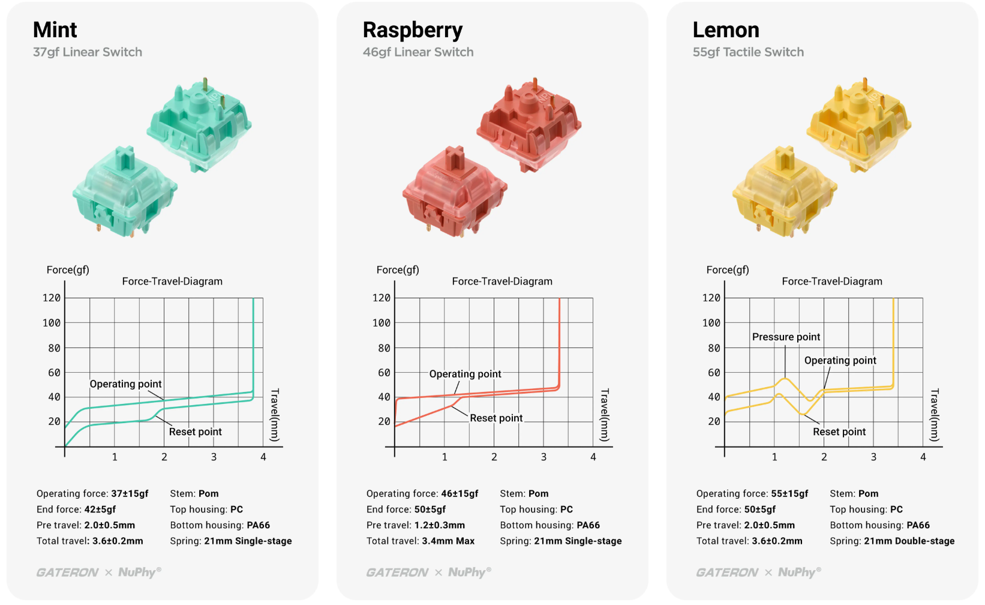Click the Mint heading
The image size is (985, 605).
(55, 30)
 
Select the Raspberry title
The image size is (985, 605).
(413, 30)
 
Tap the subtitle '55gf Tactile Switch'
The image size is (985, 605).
(748, 52)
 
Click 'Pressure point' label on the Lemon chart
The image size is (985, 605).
(786, 337)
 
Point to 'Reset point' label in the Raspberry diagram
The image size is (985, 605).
(496, 418)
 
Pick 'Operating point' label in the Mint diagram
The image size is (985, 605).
(125, 384)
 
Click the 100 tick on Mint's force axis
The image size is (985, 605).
(52, 323)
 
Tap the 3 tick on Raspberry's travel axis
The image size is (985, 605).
(543, 457)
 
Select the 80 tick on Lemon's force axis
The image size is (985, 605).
(714, 348)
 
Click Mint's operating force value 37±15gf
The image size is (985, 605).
(130, 494)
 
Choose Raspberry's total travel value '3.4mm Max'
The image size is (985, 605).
(448, 541)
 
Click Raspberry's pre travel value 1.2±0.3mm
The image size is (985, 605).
(440, 525)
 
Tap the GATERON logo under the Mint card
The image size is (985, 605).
(67, 573)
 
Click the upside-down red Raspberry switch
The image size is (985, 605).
(528, 123)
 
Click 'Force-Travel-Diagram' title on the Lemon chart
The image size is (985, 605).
(832, 281)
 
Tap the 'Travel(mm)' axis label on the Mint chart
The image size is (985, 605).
(275, 415)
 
